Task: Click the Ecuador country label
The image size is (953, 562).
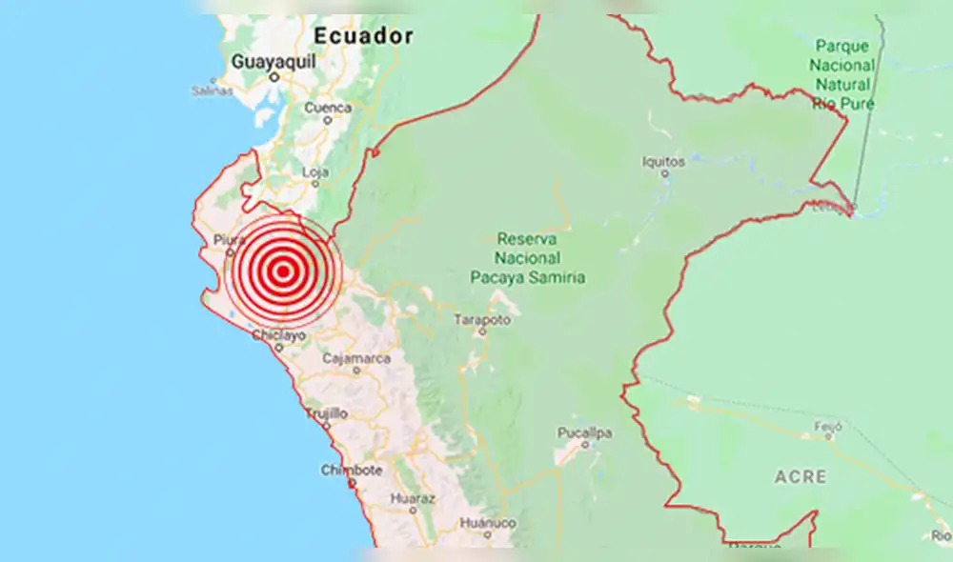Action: (x=364, y=36)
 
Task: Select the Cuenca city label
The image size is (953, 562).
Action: (x=328, y=108)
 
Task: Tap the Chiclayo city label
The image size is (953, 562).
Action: (x=278, y=335)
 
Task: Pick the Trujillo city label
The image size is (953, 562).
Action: (x=326, y=413)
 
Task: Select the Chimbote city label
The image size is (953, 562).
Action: (x=351, y=470)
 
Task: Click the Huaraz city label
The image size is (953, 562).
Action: (x=413, y=498)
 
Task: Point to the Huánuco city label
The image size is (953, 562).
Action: (x=487, y=523)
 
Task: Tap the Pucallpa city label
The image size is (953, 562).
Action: (x=584, y=433)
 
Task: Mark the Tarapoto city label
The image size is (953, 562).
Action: (x=482, y=320)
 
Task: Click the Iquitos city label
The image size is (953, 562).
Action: (x=663, y=162)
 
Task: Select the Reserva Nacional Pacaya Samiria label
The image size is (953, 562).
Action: (x=528, y=257)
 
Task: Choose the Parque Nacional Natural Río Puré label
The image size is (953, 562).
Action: (x=842, y=73)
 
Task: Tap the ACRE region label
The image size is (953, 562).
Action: (x=801, y=476)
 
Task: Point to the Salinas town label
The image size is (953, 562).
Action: (x=212, y=90)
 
